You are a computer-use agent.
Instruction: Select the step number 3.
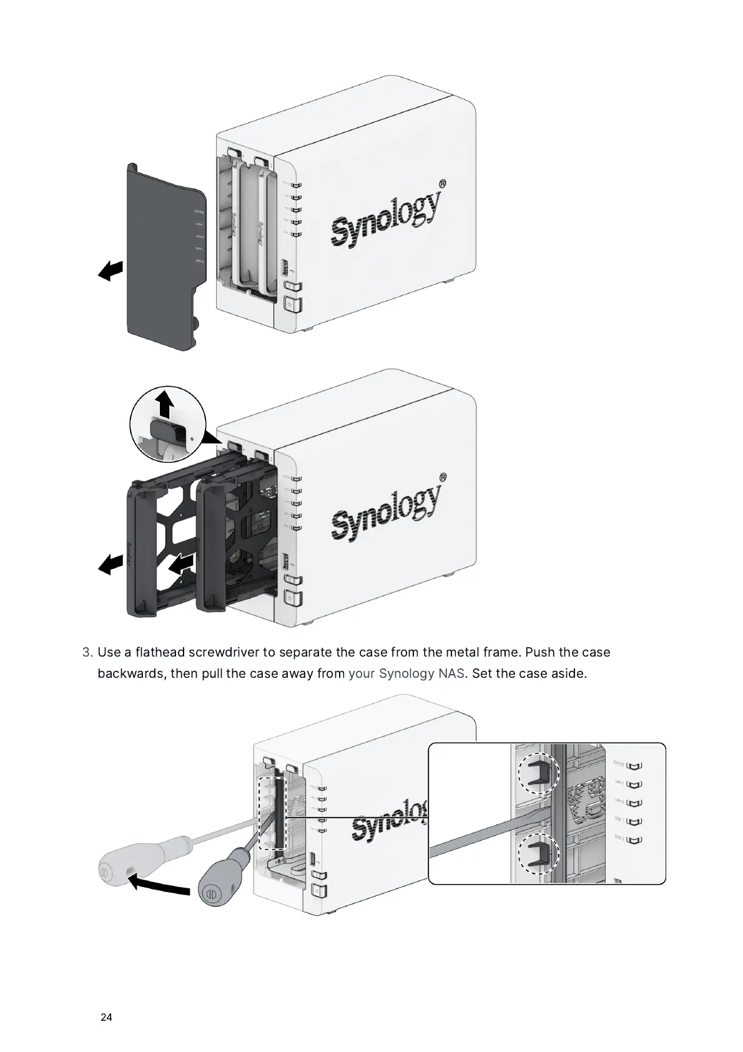87,652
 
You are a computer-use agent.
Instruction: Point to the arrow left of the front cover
111,270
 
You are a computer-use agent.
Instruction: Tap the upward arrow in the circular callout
165,404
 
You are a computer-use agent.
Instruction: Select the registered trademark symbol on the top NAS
442,184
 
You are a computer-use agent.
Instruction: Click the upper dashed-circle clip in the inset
539,772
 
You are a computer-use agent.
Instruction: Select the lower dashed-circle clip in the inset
539,853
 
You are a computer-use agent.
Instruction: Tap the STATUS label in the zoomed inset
619,763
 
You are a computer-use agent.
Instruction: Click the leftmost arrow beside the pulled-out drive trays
111,564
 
